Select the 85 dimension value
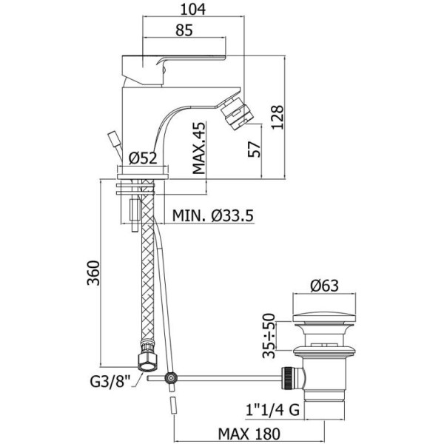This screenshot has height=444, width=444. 184,30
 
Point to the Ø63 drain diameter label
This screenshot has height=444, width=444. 326,285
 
